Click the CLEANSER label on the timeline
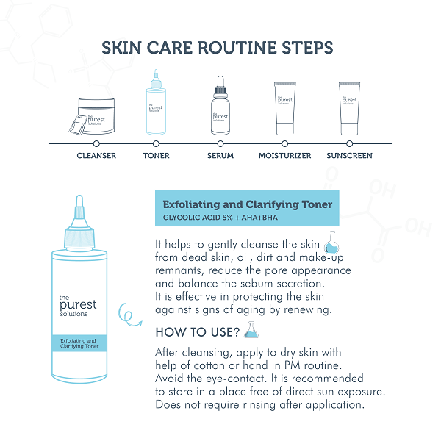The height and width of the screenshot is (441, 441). (96, 156)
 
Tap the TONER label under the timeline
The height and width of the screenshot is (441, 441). (156, 156)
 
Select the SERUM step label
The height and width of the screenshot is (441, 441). (220, 156)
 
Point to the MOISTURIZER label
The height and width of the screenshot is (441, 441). (284, 156)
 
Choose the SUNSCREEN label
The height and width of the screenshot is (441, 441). (349, 156)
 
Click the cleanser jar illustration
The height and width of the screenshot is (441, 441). (93, 116)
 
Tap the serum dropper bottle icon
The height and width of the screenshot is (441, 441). (220, 105)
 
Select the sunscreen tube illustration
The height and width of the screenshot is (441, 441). (349, 109)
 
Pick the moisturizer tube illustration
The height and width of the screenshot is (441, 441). (285, 109)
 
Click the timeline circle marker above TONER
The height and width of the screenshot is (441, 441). (156, 144)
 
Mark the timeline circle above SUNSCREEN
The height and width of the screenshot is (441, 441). (349, 144)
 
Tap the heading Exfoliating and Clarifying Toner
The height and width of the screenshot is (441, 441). (248, 204)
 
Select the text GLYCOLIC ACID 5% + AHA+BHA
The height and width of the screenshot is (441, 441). (220, 218)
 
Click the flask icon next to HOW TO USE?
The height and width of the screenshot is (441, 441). (251, 329)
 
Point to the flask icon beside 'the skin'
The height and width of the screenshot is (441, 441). (331, 243)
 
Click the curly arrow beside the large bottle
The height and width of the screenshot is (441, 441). (127, 315)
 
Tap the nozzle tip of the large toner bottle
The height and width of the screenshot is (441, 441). (79, 196)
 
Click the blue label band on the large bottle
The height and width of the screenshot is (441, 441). (79, 343)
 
